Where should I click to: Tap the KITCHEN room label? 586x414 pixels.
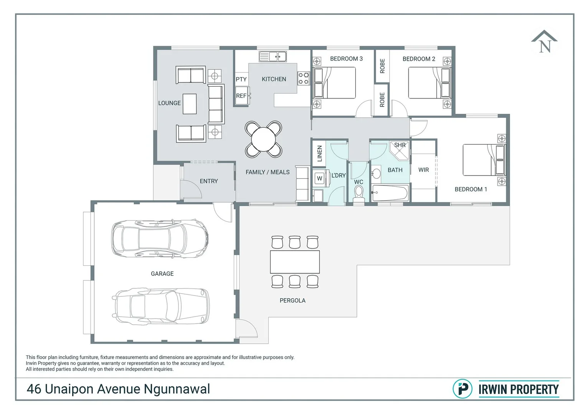point(274,79)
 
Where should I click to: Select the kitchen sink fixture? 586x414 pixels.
point(273,56)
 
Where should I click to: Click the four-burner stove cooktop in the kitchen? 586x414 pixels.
point(304,79)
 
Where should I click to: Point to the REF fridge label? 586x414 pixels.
point(241,96)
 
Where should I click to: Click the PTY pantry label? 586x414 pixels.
point(241,79)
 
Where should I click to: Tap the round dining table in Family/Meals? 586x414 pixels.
point(263,139)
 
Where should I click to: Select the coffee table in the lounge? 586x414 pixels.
point(190,104)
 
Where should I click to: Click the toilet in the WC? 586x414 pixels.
point(359,194)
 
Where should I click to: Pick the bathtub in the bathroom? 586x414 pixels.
point(390,193)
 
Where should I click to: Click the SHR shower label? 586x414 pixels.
point(400,145)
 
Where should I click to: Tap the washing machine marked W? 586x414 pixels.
point(319,178)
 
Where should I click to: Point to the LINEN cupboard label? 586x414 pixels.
point(319,153)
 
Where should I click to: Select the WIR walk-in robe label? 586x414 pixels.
point(424,170)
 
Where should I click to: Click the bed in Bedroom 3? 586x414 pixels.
point(334,83)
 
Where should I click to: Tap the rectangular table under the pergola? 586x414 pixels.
point(295,262)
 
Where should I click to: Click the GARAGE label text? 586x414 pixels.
point(162,274)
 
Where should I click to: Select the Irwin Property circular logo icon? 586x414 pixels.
point(462,389)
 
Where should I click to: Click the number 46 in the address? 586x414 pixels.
point(34,389)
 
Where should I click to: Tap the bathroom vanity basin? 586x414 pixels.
point(376,174)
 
